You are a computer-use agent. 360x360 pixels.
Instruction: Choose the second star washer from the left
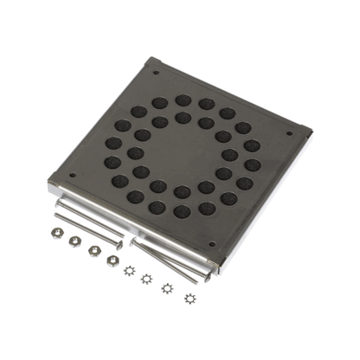point(147,278)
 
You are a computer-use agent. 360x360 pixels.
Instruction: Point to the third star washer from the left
point(166,288)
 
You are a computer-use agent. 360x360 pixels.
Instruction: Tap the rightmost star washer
point(189,299)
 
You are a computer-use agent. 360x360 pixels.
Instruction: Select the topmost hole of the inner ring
point(183,116)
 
